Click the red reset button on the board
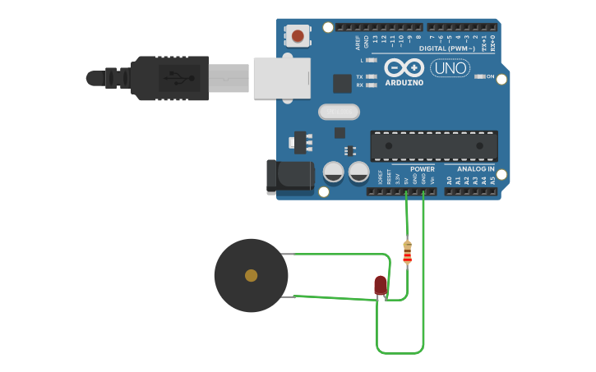coord(298,36)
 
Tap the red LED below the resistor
coord(380,285)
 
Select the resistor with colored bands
coord(407,252)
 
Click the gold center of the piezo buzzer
coord(251,275)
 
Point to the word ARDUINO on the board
coord(404,83)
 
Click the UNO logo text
coord(450,68)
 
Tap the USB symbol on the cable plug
coord(176,78)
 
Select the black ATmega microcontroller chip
coord(433,145)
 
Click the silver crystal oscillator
coord(339,111)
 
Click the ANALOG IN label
coord(475,169)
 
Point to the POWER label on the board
coord(422,169)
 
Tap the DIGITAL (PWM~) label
coord(446,48)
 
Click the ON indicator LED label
coord(490,76)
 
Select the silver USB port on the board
coord(281,78)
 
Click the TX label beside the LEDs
coord(359,76)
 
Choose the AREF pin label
coord(358,41)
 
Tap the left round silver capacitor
coord(333,172)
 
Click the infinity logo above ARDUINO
coord(404,67)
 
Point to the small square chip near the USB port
coord(342,83)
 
